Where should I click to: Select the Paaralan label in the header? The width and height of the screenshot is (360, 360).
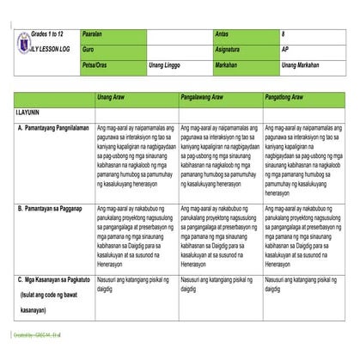(x=92, y=32)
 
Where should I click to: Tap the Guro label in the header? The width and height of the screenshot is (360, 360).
(x=87, y=49)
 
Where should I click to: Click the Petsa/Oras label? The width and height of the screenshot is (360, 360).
(x=95, y=64)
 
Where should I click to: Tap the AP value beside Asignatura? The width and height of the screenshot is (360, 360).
(x=285, y=49)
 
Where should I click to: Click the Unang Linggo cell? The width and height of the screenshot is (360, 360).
(x=165, y=64)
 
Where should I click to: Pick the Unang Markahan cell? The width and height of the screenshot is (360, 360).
(x=301, y=64)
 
